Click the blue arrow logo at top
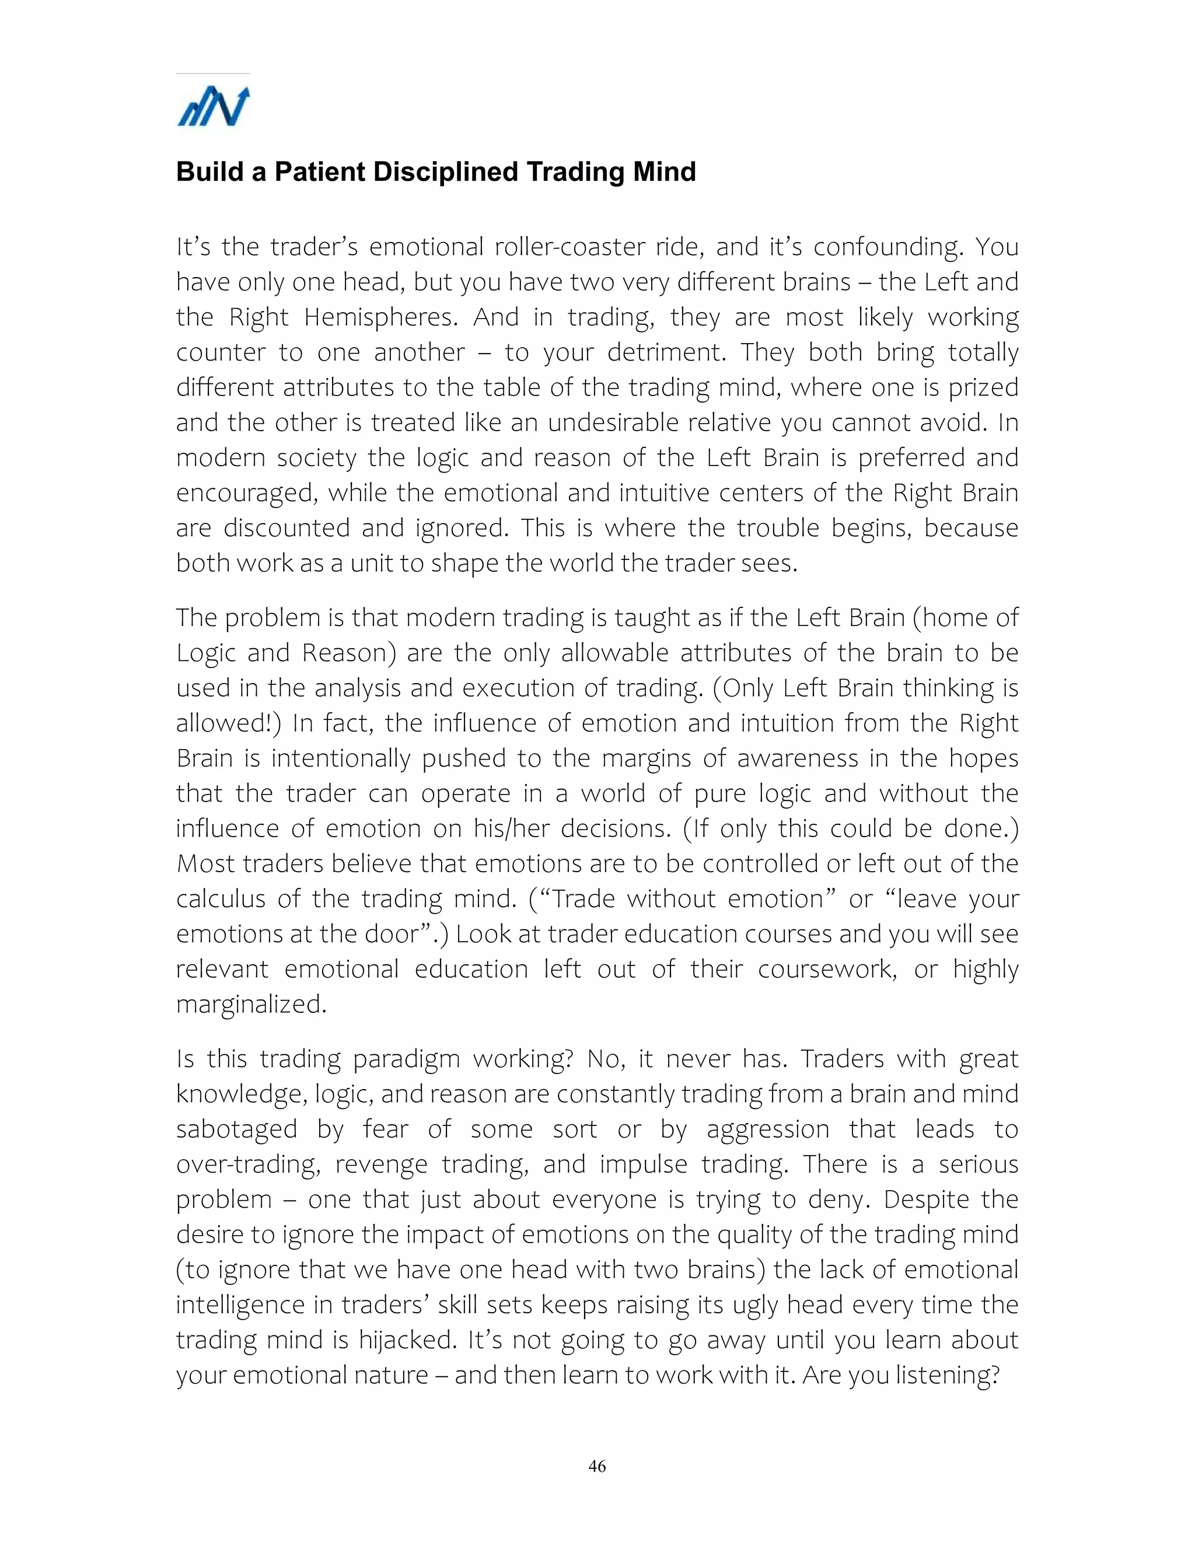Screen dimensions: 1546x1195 [x=213, y=107]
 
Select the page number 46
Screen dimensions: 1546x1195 [x=597, y=1466]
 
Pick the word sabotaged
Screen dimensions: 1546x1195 [x=236, y=1129]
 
